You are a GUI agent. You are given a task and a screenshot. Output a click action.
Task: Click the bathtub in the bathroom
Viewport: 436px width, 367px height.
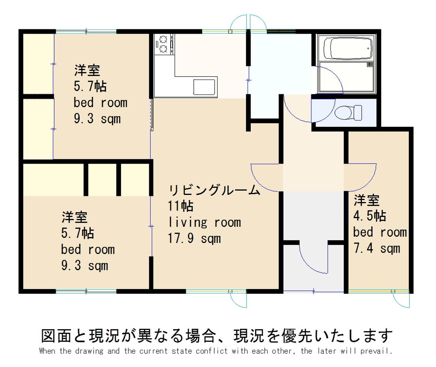click(348, 49)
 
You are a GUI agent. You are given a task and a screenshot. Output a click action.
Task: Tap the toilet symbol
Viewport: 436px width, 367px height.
click(348, 113)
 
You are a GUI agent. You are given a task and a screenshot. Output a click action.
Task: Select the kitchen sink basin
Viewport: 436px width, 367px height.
click(204, 87)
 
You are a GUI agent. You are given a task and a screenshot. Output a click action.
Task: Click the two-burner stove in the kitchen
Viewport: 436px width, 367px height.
click(163, 44)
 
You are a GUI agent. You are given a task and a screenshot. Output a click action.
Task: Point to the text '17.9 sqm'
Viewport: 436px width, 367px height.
click(194, 238)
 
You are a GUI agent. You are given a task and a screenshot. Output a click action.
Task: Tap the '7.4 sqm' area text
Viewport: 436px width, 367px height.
click(376, 249)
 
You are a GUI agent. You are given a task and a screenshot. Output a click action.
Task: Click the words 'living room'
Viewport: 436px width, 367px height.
click(205, 222)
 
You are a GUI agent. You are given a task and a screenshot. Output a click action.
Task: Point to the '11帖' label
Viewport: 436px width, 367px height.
click(181, 206)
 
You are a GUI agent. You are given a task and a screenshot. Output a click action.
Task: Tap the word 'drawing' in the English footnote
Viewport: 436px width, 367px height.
click(89, 351)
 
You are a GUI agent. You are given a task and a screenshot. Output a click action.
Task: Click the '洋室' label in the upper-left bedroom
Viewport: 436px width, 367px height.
click(87, 70)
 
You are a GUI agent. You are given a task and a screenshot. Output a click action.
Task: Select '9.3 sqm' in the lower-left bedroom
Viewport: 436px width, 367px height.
click(84, 266)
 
